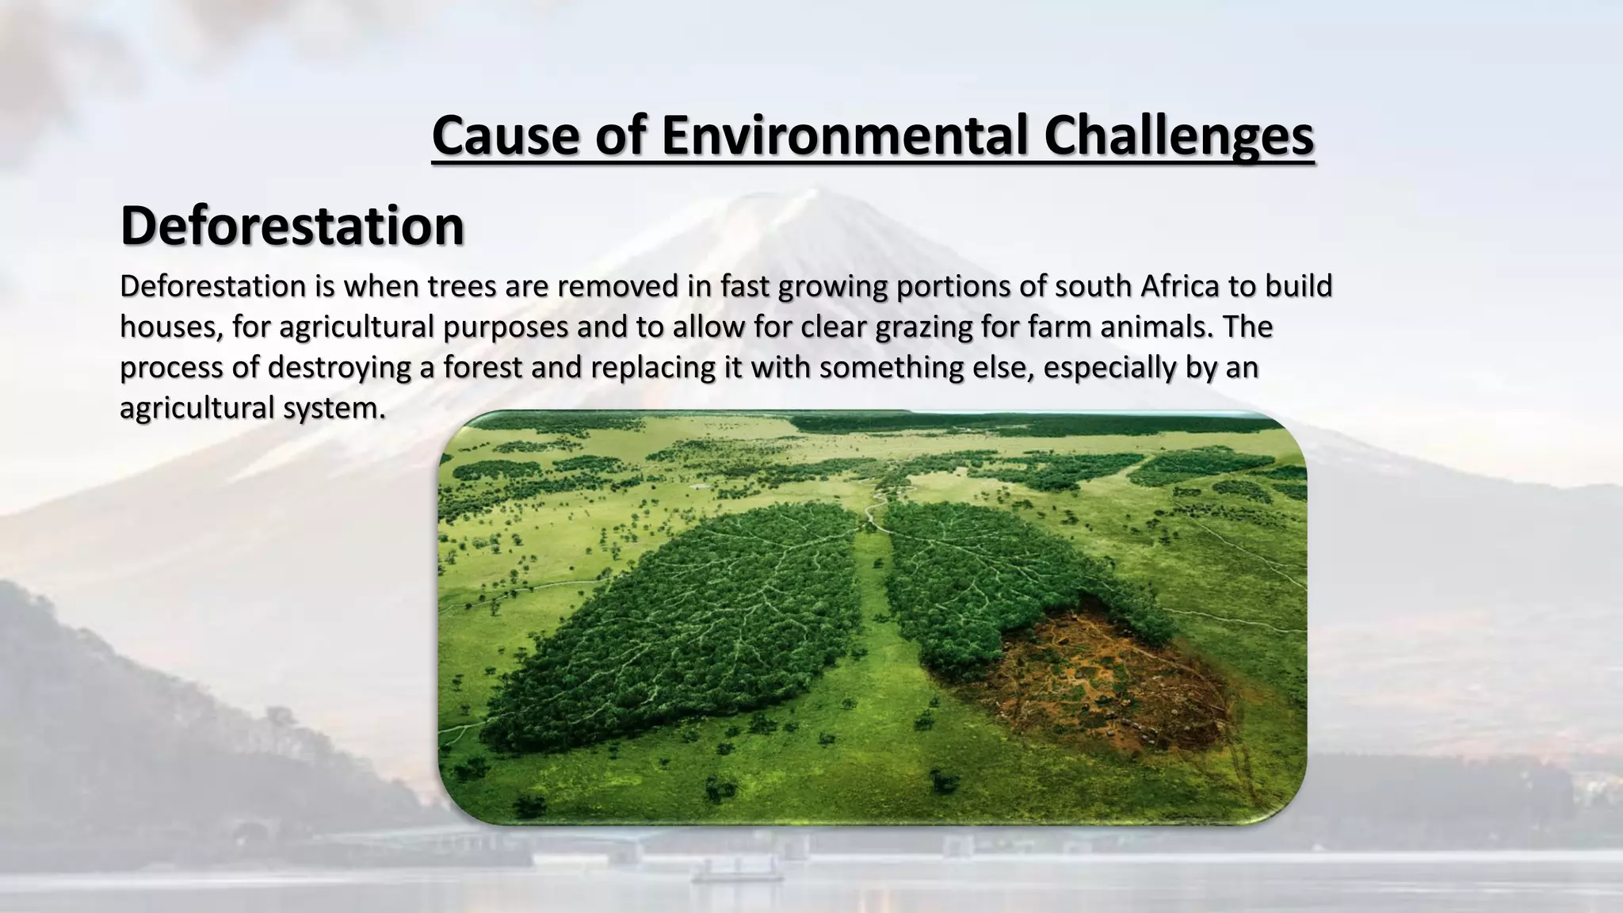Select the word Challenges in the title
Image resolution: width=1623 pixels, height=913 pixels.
1178,135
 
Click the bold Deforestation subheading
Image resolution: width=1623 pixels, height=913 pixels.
292,226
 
